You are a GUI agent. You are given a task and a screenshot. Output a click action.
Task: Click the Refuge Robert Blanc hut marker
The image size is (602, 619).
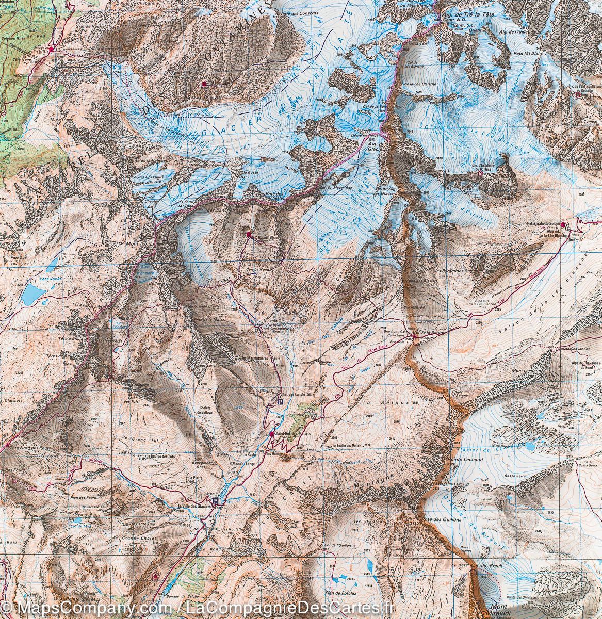click(249, 234)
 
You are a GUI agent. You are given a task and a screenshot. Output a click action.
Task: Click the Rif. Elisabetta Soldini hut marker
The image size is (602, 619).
click(562, 224)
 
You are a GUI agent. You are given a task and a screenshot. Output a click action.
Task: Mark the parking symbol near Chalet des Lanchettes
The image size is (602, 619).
click(280, 401)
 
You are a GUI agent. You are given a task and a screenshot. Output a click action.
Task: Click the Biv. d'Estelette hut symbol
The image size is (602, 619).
click(481, 174)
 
